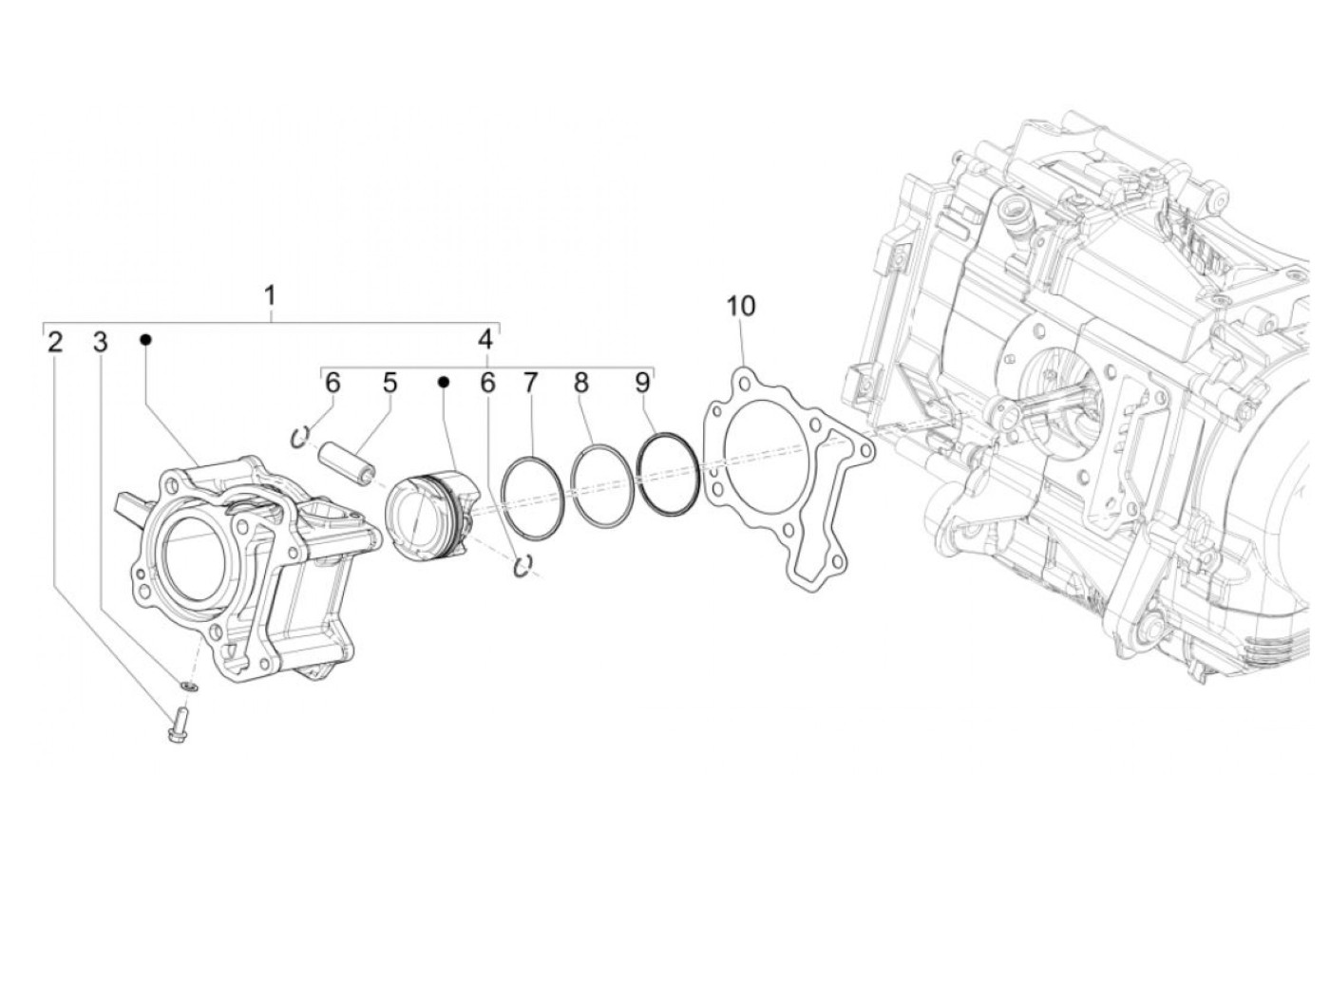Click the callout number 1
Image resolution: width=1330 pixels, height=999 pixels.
coord(270,294)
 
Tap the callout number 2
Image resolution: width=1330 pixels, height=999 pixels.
coord(55,342)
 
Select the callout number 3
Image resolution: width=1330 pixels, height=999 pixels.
coord(101,342)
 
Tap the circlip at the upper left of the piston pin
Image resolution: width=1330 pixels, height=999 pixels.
coord(300,436)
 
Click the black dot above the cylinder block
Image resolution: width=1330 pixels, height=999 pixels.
coord(145,339)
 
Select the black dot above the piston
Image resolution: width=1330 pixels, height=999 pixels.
coord(443,382)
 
